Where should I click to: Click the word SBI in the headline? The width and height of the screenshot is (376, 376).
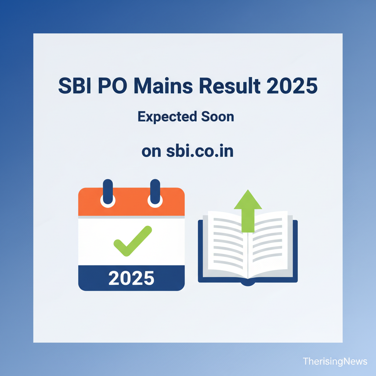[75, 86]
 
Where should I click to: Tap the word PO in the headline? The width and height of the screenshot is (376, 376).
[112, 86]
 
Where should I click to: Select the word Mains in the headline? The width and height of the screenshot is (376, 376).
[163, 86]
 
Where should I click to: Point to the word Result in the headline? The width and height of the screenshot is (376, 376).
[229, 86]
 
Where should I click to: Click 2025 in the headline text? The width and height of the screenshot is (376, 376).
[292, 86]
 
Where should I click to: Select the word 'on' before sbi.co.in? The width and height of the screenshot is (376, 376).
[151, 152]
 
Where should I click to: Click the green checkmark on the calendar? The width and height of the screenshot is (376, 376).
[133, 241]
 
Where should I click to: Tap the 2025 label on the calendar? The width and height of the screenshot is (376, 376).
[131, 278]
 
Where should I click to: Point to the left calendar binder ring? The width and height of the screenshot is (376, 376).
[108, 193]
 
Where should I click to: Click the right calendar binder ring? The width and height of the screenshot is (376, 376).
[155, 193]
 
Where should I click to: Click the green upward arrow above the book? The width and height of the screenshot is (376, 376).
[248, 211]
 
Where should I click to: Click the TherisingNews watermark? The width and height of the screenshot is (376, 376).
[335, 361]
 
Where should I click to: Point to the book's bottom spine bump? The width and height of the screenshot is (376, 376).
[248, 284]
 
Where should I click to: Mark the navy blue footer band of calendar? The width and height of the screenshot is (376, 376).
[131, 278]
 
